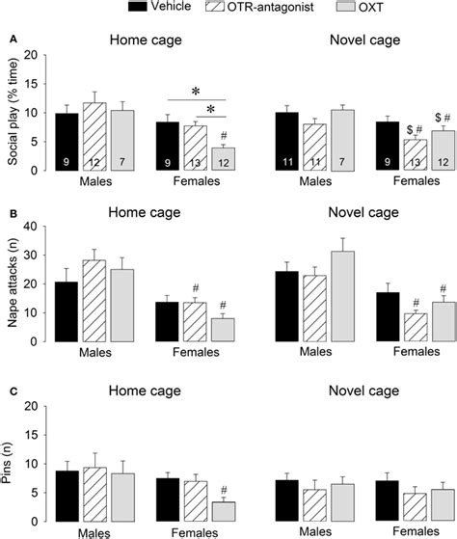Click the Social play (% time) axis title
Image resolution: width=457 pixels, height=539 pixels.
point(12,114)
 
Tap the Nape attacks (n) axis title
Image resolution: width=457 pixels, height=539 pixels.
point(12,284)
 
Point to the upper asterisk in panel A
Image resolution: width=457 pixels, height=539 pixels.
point(196,92)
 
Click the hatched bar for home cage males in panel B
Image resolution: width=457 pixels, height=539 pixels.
point(94,300)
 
